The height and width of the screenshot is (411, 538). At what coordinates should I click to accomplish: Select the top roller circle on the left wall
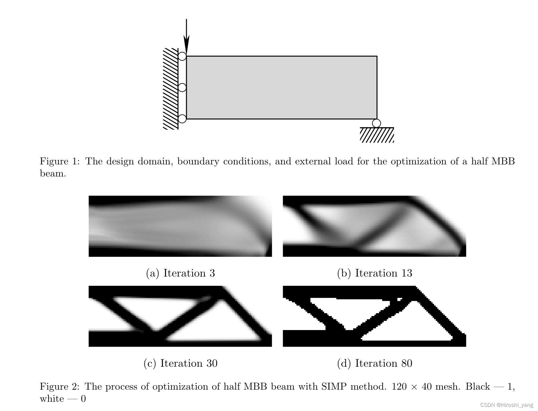coord(182,56)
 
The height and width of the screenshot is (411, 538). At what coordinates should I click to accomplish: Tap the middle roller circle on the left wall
coord(182,87)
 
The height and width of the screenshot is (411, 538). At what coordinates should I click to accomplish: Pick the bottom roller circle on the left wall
coord(182,119)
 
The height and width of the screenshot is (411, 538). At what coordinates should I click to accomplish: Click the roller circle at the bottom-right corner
coord(376,123)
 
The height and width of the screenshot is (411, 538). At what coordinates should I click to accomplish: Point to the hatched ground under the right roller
coord(377,135)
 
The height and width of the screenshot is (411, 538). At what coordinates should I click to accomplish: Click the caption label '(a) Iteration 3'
coord(180,273)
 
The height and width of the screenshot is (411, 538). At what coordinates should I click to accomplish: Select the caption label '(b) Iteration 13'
coord(374,273)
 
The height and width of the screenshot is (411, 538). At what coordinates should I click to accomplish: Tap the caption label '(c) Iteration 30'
coord(180,363)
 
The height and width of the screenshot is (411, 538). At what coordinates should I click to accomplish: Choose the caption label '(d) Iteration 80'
coord(374,363)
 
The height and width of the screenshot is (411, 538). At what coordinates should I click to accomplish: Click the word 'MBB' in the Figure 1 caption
coord(503,161)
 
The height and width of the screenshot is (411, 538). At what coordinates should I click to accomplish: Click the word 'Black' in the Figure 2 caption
coord(477,386)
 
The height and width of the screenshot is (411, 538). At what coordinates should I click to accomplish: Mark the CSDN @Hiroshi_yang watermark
coord(506,405)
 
